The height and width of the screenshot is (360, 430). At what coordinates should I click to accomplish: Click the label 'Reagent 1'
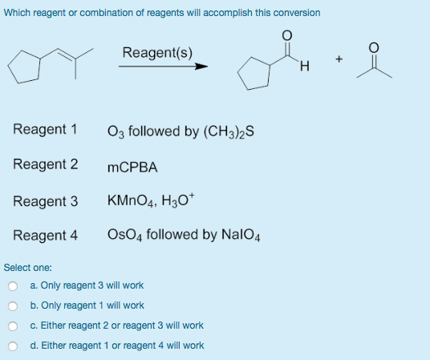tap(45, 129)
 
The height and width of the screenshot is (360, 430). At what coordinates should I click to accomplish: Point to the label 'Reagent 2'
tap(45, 164)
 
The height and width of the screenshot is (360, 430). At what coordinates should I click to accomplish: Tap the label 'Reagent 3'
tap(45, 200)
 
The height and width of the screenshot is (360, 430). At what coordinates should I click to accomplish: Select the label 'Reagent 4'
tap(45, 236)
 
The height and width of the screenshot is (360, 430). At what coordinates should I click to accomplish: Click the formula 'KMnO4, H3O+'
tap(156, 201)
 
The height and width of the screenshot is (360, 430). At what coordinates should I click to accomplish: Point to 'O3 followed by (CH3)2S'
tap(181, 131)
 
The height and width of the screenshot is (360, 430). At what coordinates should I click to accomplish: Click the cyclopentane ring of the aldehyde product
tap(253, 78)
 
